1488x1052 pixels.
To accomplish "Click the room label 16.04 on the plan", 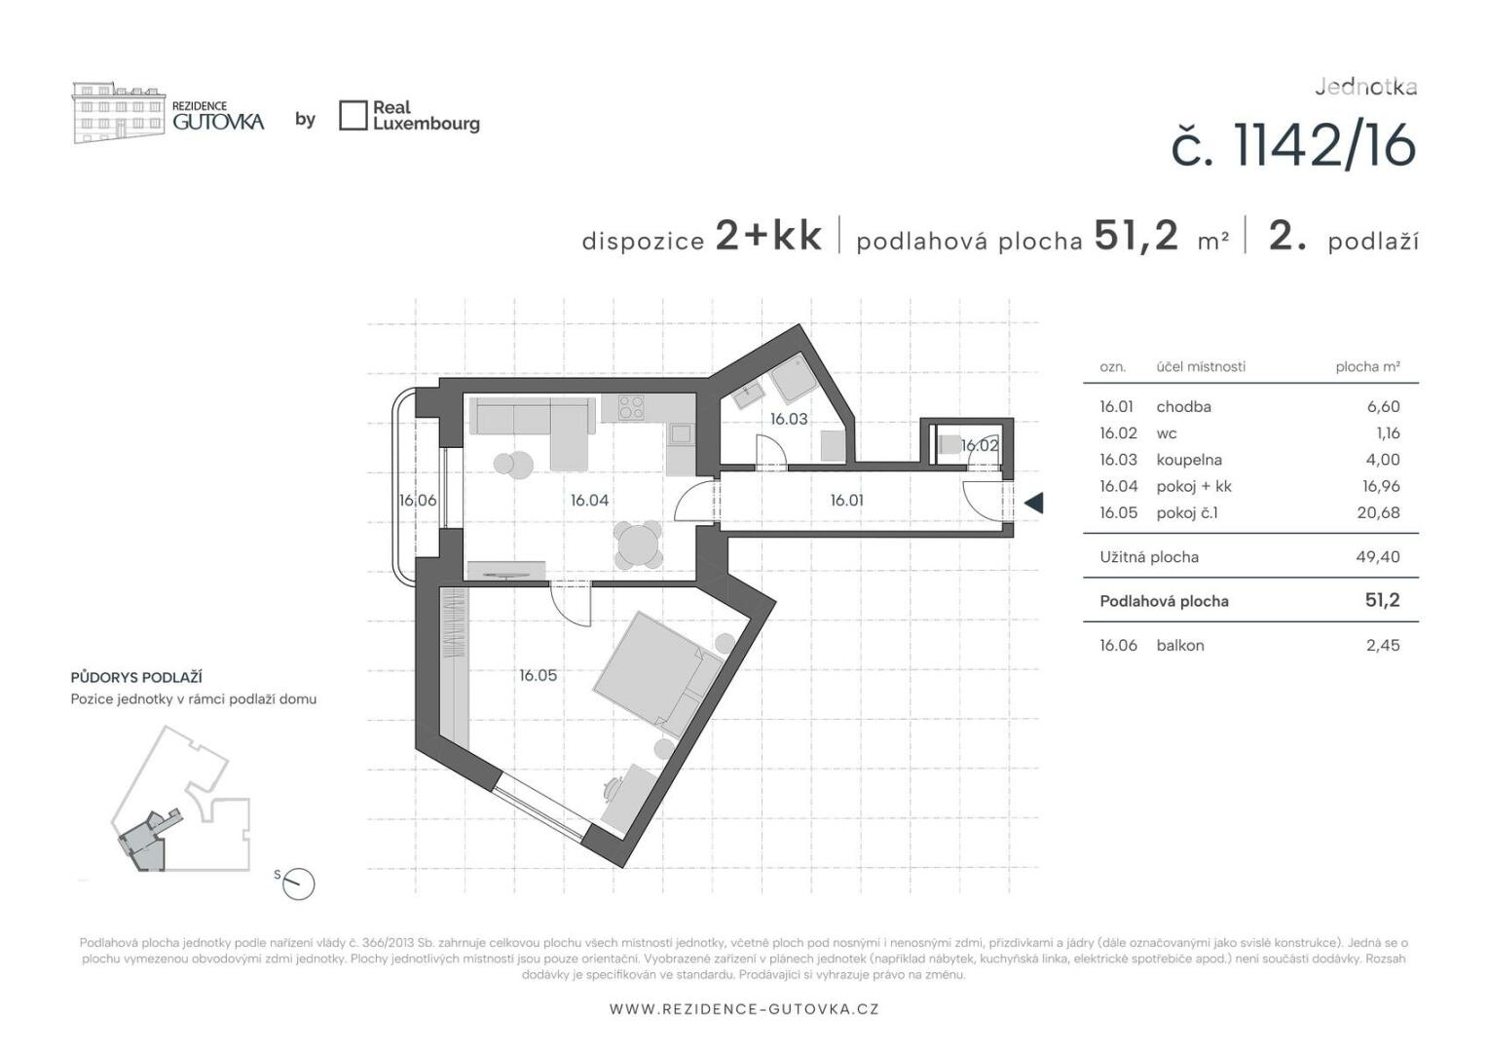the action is pos(589,501).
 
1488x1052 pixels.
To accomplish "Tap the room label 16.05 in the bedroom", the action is pos(539,676).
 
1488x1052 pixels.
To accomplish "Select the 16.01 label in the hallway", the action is pos(847,501).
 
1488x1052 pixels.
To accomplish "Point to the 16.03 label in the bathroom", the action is pos(789,419).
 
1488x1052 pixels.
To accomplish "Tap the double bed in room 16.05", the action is pos(658,673).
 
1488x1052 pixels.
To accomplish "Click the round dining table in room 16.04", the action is pos(638,545).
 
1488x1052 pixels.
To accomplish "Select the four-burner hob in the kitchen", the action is pos(630,408).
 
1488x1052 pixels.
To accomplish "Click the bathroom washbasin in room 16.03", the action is pos(751,396).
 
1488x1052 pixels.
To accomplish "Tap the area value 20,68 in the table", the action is pos(1378,513).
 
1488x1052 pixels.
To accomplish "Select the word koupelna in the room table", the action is pos(1188,460).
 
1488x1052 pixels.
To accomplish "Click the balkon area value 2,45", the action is pos(1383,645).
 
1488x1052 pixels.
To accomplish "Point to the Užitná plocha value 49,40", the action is pos(1378,557).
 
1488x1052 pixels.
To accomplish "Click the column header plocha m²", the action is pos(1368,366).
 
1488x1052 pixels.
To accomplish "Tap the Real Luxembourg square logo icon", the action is pos(353,116).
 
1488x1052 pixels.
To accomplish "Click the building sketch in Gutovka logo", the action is pos(118,112).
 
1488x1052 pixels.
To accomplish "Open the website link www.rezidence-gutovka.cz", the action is pos(744,1009).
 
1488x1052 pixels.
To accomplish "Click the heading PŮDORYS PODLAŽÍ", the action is pos(136,677).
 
